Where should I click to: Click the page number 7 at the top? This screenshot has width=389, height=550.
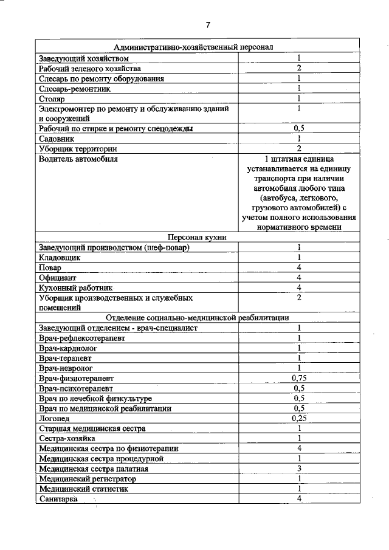click(207, 25)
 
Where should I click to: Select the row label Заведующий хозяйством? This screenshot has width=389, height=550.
click(84, 58)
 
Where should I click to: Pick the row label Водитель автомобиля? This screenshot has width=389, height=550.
click(78, 159)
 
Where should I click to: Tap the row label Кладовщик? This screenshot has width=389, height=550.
click(60, 257)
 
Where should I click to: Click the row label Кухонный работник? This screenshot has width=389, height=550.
click(75, 287)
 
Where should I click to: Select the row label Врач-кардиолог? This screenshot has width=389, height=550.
click(68, 348)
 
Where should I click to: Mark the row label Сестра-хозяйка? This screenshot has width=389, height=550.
click(66, 438)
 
